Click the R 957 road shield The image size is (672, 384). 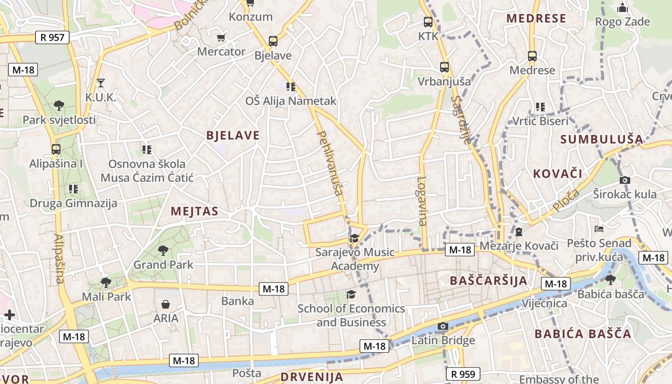tap(52, 37)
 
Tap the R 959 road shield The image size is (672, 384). tap(463, 374)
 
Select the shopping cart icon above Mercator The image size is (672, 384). tap(221, 37)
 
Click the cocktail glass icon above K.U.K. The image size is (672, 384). tap(100, 83)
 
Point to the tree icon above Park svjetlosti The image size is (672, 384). tap(59, 105)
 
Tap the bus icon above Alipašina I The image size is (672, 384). tap(56, 149)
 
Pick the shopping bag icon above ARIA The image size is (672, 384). tap(166, 304)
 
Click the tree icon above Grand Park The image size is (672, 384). tap(163, 250)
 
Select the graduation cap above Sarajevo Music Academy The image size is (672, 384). tap(355, 238)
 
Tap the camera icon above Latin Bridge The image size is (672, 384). tap(443, 326)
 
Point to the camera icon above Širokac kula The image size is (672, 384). tap(624, 180)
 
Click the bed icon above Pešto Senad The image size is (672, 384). tap(599, 228)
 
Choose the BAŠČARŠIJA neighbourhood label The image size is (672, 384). tap(489, 280)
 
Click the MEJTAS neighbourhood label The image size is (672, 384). tap(194, 211)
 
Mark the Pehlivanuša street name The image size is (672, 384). tap(330, 163)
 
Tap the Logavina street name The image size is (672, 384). tap(422, 201)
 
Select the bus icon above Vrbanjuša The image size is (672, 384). tap(444, 67)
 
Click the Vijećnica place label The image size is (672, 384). tap(544, 303)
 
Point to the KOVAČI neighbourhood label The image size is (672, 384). tap(557, 174)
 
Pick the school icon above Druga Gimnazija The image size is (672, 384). tap(73, 189)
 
